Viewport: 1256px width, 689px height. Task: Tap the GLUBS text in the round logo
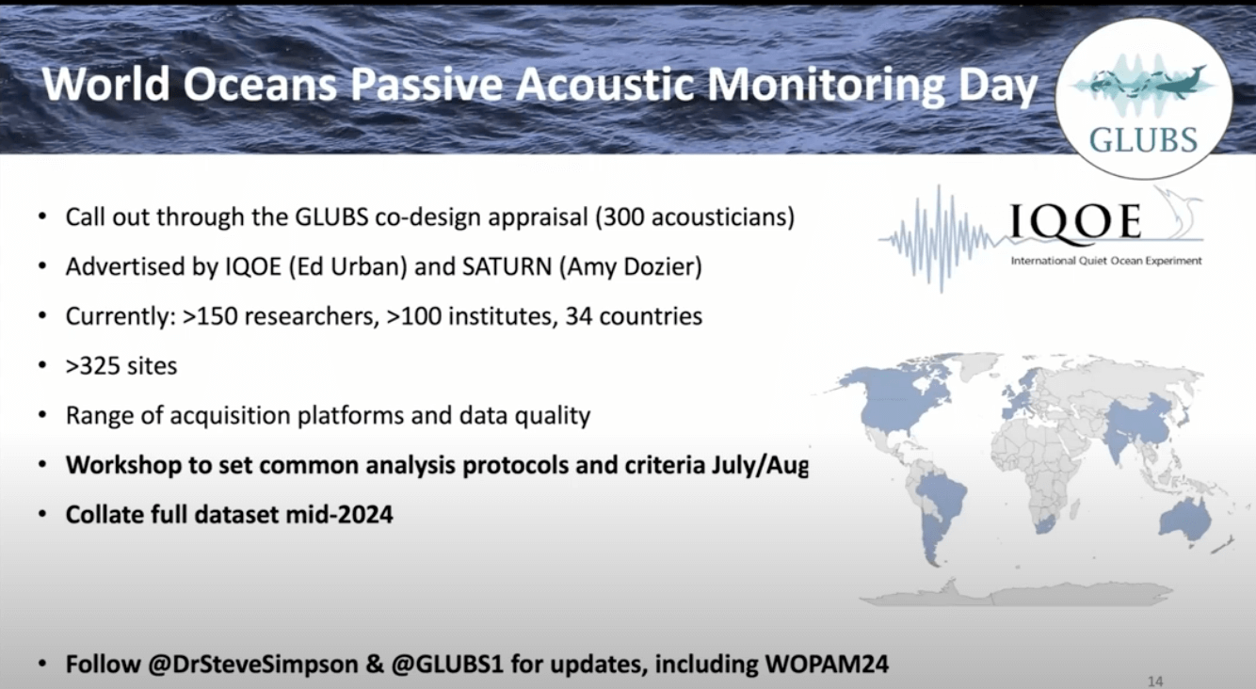[x=1144, y=140]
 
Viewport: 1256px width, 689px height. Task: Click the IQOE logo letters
[x=1075, y=221]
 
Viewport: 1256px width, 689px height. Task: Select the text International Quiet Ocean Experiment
[x=1105, y=261]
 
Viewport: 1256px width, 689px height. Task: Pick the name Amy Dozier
[x=630, y=266]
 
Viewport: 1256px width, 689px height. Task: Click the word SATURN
[x=507, y=266]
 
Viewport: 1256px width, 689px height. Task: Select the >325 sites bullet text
[x=121, y=366]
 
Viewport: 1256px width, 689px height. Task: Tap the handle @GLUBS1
[x=447, y=665]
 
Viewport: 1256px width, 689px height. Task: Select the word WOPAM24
[x=827, y=665]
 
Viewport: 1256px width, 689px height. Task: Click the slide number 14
[x=1155, y=681]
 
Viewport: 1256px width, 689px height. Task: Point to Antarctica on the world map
[x=1015, y=593]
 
